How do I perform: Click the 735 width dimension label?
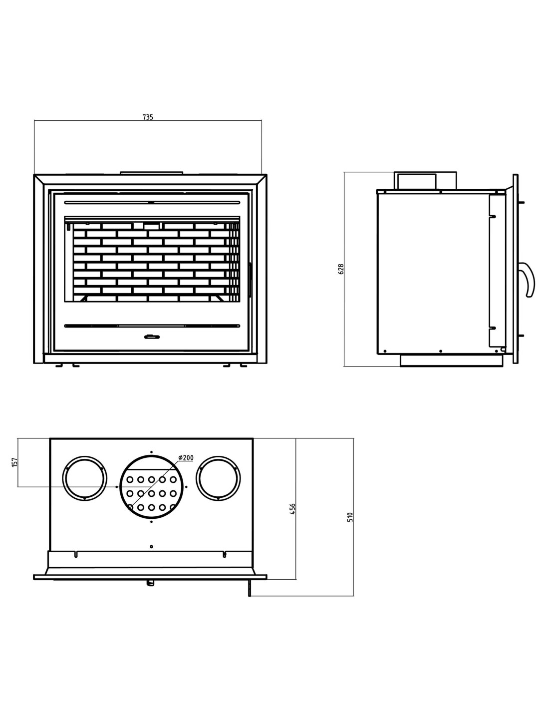click(x=148, y=117)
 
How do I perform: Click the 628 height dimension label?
click(x=341, y=269)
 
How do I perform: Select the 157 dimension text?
click(x=14, y=462)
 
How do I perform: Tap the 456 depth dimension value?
click(x=293, y=509)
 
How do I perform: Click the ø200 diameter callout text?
click(x=185, y=458)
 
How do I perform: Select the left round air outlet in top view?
click(x=84, y=478)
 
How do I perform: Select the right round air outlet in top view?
click(x=218, y=478)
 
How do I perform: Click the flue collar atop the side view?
click(x=425, y=181)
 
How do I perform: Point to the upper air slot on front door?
click(x=152, y=202)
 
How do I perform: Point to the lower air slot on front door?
click(x=152, y=326)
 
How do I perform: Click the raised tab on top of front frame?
click(x=151, y=173)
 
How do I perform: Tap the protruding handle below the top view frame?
click(x=149, y=583)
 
